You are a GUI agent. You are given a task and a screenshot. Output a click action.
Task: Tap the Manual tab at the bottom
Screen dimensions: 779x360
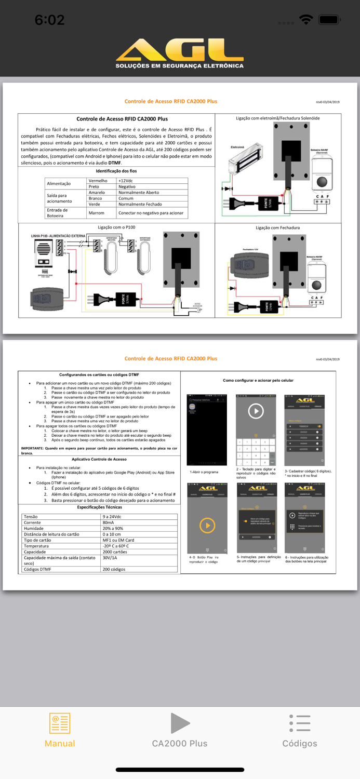[x=60, y=730]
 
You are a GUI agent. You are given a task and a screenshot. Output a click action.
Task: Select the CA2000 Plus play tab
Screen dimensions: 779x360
[x=180, y=730]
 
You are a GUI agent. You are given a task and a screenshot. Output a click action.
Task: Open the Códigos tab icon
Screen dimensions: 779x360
[x=300, y=723]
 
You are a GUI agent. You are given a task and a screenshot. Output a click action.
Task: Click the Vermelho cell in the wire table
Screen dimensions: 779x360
[x=98, y=181]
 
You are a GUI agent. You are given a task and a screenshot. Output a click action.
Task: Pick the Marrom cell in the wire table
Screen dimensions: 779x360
[x=97, y=212]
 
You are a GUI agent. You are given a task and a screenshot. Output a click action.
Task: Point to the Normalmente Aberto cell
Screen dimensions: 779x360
[x=139, y=192]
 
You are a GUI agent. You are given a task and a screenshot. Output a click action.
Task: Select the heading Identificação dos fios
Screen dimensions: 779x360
[x=116, y=171]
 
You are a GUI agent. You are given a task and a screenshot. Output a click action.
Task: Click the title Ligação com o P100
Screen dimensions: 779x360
[x=116, y=227]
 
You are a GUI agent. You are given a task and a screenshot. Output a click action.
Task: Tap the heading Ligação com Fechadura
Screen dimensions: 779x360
[x=277, y=227]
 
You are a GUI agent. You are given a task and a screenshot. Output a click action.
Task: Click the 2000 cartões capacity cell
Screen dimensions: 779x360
[x=115, y=552]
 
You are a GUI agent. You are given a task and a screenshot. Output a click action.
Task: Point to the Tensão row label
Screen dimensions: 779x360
[x=31, y=517]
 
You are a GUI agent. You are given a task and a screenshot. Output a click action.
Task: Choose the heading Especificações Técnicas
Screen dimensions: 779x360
[x=99, y=507]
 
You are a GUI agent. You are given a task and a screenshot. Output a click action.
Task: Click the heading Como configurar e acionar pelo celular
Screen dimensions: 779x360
[x=258, y=380]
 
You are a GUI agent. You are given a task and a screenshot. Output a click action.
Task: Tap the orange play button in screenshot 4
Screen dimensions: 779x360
[x=207, y=526]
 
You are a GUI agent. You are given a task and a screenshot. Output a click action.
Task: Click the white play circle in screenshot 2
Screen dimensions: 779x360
[x=256, y=411]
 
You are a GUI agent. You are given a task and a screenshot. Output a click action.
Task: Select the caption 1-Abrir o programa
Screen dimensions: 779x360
[x=204, y=472]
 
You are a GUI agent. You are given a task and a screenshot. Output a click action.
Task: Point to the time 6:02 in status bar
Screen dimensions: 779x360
[x=49, y=20]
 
